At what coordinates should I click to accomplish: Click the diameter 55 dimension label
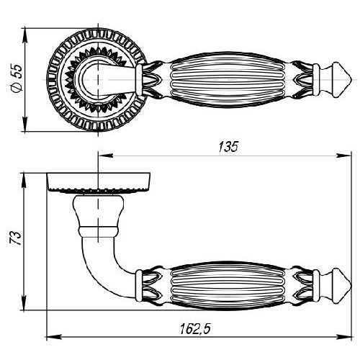(17, 79)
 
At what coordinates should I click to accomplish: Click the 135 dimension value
(228, 146)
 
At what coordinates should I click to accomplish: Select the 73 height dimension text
(15, 238)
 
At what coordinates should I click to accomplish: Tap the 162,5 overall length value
(195, 328)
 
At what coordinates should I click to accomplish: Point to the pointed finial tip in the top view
(351, 79)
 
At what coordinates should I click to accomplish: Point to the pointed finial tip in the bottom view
(351, 285)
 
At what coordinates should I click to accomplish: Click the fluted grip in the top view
(228, 79)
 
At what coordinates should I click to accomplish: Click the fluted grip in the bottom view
(228, 285)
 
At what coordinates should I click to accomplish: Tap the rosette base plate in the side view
(99, 182)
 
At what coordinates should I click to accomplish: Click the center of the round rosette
(98, 79)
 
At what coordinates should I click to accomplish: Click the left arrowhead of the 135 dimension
(106, 156)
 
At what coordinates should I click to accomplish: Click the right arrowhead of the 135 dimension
(343, 156)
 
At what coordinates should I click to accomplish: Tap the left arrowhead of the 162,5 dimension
(54, 337)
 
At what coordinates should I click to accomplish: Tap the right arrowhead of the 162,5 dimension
(343, 337)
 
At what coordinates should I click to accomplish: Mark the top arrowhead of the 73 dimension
(24, 181)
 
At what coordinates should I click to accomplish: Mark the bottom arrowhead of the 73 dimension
(24, 302)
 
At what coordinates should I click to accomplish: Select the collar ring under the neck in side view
(99, 231)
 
